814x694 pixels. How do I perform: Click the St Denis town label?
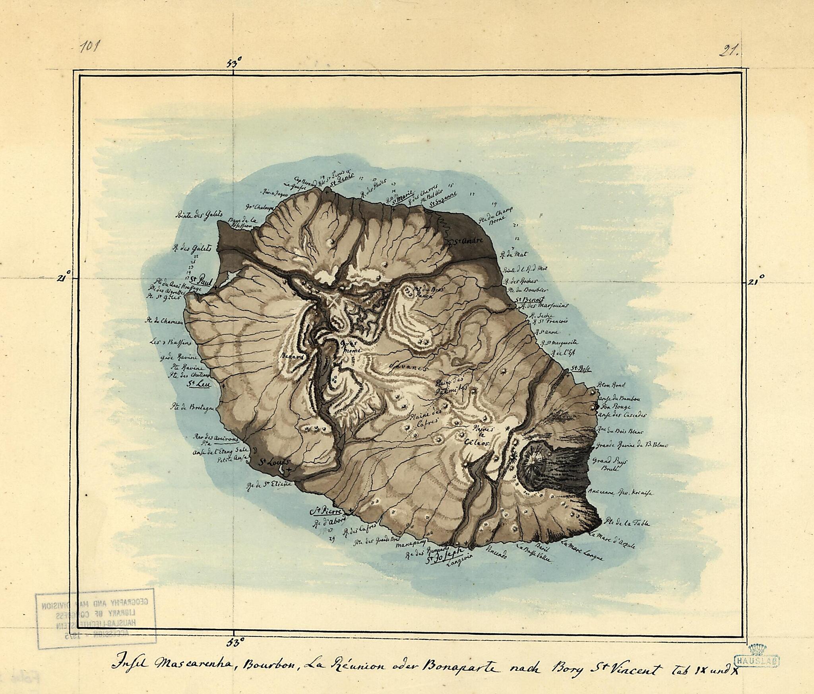click(342, 187)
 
